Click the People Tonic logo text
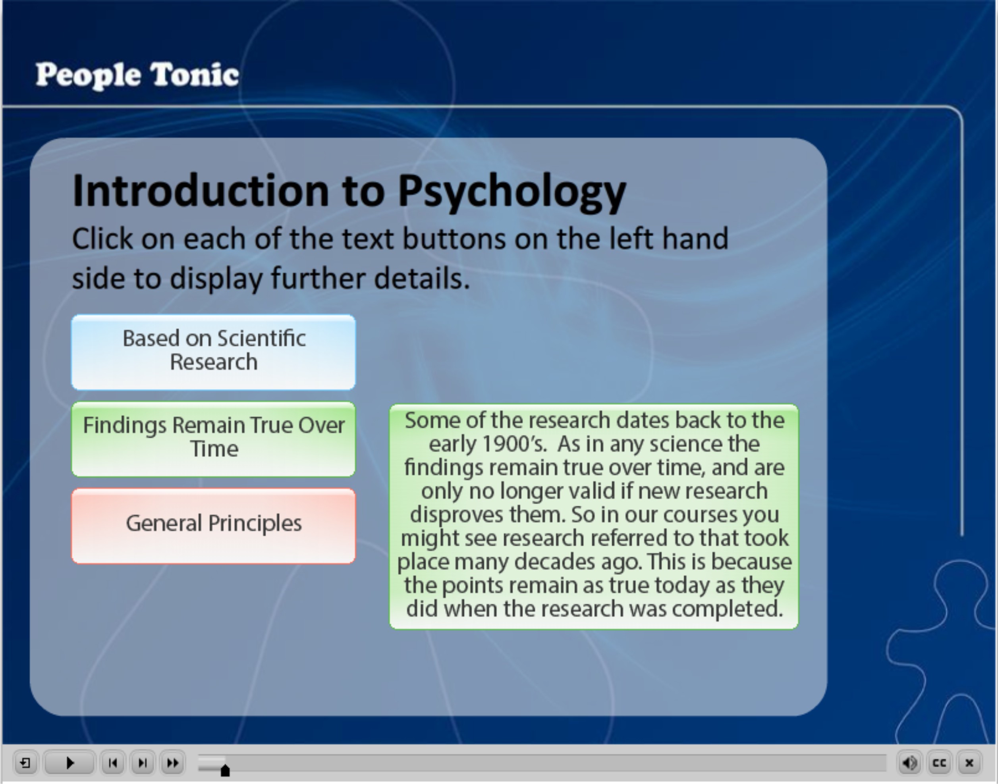click(137, 75)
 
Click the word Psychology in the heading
click(512, 192)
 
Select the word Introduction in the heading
click(201, 191)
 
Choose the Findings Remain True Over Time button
click(214, 439)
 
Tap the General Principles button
click(214, 526)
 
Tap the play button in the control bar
click(70, 763)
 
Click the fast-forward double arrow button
click(173, 763)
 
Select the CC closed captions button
click(939, 763)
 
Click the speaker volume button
click(909, 763)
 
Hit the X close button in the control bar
click(969, 763)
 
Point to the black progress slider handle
click(225, 770)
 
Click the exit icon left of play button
click(25, 763)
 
